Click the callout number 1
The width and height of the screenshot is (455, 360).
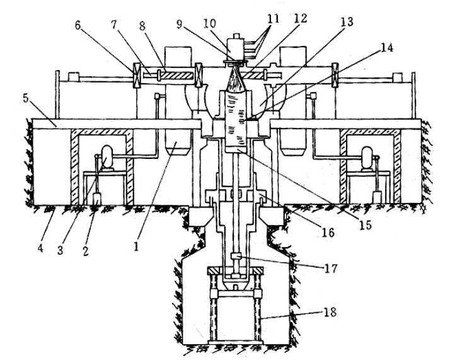(x=135, y=246)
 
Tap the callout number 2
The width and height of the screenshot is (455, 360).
(x=85, y=250)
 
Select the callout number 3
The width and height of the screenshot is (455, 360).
(x=60, y=250)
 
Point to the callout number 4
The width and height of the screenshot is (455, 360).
(x=40, y=248)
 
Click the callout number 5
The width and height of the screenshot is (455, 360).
(x=26, y=98)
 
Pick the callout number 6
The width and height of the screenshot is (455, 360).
(x=78, y=25)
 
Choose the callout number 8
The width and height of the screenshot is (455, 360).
(x=142, y=26)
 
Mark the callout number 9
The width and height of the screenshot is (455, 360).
(x=179, y=25)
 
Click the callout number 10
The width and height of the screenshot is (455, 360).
(x=210, y=23)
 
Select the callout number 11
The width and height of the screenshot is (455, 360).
(x=273, y=18)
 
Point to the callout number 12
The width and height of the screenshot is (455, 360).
(x=301, y=18)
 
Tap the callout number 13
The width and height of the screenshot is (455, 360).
(x=347, y=21)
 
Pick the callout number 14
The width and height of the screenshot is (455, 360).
(x=387, y=47)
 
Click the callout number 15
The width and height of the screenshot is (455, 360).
(x=366, y=225)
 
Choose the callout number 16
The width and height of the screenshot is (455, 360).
(x=328, y=232)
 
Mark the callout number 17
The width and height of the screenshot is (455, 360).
(x=330, y=268)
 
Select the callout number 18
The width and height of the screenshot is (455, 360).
(x=330, y=312)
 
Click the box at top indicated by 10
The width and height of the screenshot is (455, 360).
(x=236, y=49)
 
